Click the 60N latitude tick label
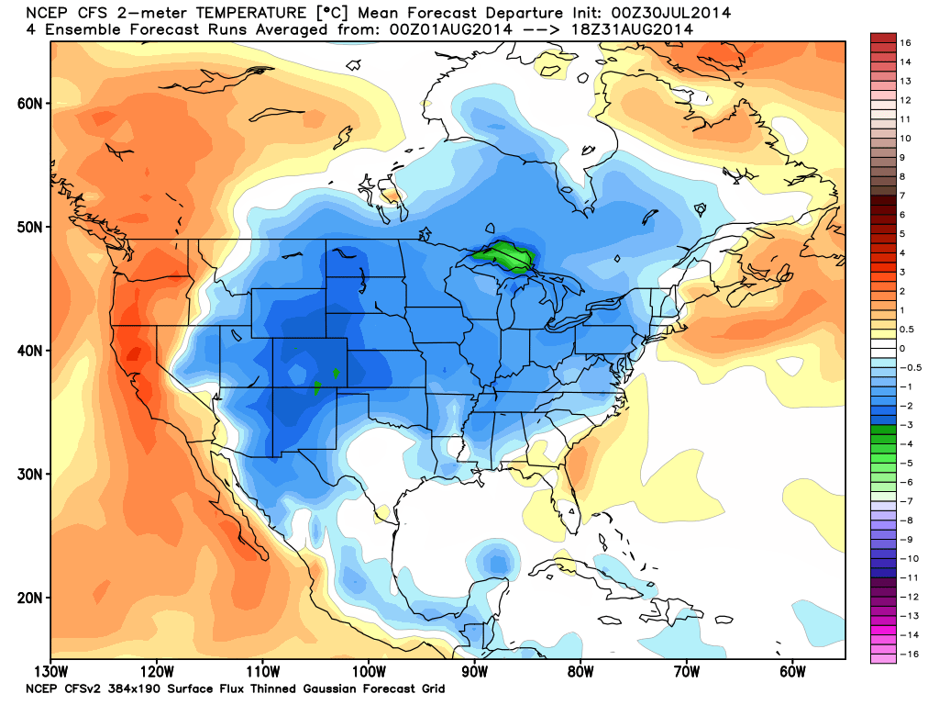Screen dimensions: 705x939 click(30, 103)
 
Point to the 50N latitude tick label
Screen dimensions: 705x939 click(30, 227)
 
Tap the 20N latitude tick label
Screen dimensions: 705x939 click(30, 598)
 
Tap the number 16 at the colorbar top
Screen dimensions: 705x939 click(906, 43)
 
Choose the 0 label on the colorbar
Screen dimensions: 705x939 click(903, 348)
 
